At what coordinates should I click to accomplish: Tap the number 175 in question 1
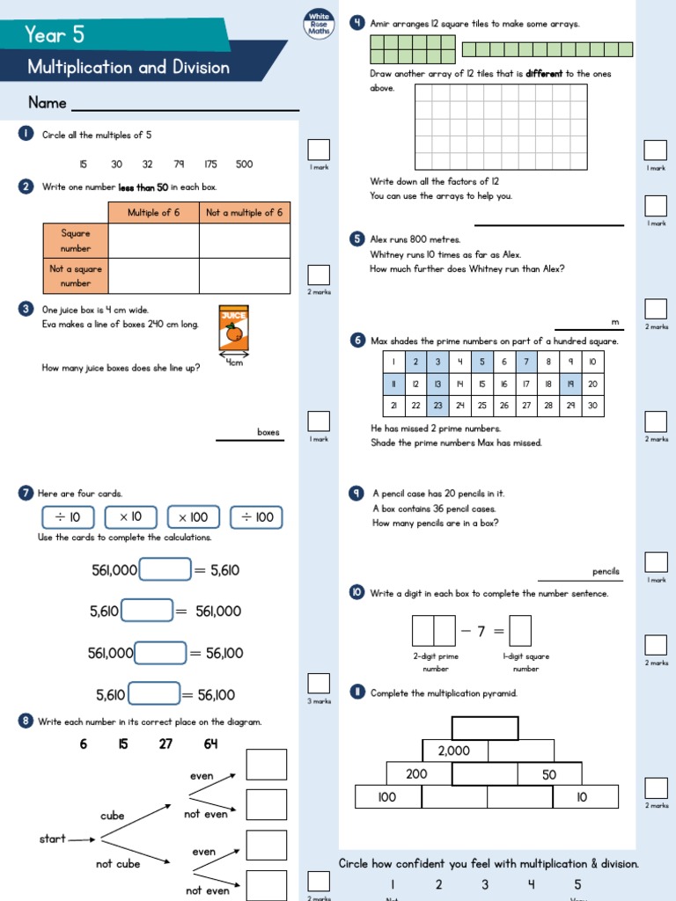point(210,164)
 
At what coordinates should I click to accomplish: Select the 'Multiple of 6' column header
point(153,213)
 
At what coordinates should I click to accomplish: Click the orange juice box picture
point(233,330)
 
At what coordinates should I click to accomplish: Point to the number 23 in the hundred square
point(437,406)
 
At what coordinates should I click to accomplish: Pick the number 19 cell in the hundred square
point(570,384)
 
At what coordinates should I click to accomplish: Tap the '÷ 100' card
point(257,517)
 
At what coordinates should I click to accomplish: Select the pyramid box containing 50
point(549,774)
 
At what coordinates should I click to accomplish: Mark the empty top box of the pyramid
point(485,729)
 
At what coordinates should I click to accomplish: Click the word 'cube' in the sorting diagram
point(113,816)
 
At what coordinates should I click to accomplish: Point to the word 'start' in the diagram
point(53,839)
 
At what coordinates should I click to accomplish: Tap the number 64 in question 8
point(210,744)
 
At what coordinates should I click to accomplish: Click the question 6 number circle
point(357,341)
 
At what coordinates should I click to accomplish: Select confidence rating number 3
point(485,884)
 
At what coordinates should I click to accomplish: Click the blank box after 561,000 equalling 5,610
point(165,570)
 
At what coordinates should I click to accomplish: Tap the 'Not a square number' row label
point(76,276)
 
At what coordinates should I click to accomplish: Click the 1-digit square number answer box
point(520,630)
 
